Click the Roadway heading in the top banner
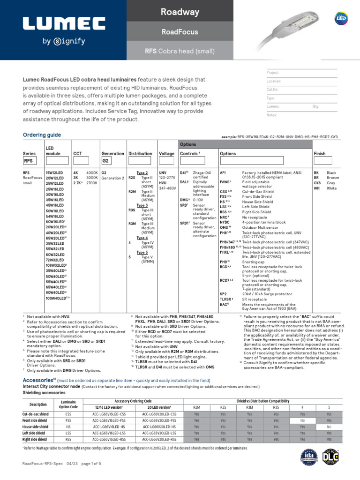pyautogui.click(x=180, y=11)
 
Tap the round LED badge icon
pyautogui.click(x=341, y=18)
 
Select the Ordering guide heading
pyautogui.click(x=42, y=135)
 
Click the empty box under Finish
pyautogui.click(x=322, y=161)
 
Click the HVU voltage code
pyautogui.click(x=164, y=183)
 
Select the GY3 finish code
pyautogui.click(x=317, y=183)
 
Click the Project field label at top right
pyautogui.click(x=273, y=73)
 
